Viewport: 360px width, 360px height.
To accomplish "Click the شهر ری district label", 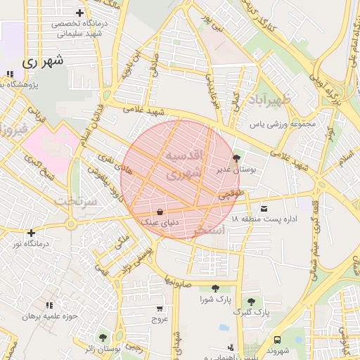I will click(42, 61).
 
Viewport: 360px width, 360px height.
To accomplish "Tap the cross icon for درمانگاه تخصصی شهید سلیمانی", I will click(79, 13).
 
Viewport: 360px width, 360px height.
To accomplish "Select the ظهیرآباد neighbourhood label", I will click(269, 98).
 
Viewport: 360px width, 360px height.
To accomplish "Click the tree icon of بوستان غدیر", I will click(235, 158).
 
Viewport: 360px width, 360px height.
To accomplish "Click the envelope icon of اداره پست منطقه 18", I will click(264, 208).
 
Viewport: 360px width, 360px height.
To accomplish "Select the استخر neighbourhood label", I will click(209, 230).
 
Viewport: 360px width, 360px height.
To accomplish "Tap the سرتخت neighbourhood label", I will click(74, 201).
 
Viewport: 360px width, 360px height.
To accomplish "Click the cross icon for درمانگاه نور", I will click(30, 233).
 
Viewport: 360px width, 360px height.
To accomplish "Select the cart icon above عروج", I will click(160, 308).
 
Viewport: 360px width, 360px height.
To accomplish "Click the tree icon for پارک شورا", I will click(214, 288).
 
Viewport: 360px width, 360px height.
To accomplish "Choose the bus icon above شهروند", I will click(277, 340).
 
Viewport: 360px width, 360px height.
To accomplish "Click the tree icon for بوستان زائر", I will click(103, 337).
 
